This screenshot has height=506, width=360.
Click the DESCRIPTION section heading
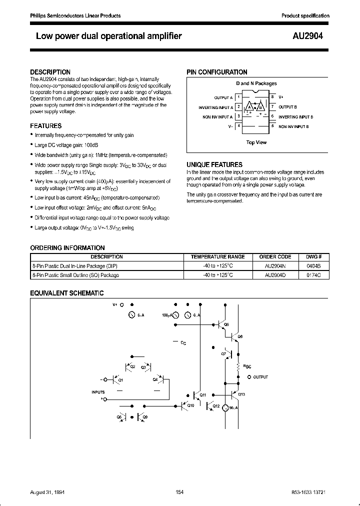coord(50,72)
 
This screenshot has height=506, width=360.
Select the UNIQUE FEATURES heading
coord(214,164)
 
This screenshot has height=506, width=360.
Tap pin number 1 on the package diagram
coord(239,97)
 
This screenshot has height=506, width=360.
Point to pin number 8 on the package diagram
coord(272,97)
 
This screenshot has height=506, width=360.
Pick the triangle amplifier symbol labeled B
coord(260,107)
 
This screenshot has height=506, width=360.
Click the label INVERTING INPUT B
coord(296,117)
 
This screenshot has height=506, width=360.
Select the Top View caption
coord(256,142)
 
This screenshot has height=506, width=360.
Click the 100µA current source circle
coord(187,315)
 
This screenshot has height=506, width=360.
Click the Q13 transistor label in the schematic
coord(241,394)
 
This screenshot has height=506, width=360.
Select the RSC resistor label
coord(246,366)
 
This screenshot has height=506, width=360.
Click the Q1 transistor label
coord(120,380)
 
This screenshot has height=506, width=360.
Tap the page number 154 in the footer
coord(180,492)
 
